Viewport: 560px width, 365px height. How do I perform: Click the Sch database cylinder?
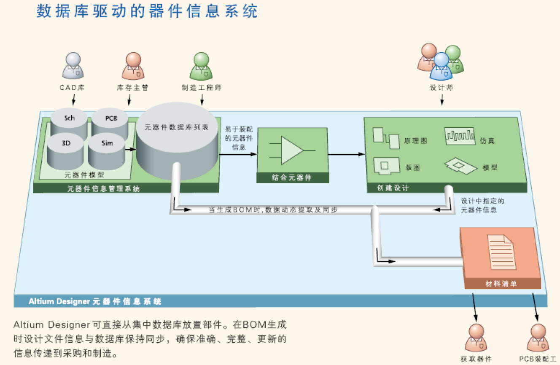(69, 122)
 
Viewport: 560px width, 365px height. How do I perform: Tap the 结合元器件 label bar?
(292, 178)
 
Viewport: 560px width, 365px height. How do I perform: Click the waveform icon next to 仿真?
(459, 136)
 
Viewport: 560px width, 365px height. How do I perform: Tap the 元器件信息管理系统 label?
(103, 189)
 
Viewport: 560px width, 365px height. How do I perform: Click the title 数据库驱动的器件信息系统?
(147, 11)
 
